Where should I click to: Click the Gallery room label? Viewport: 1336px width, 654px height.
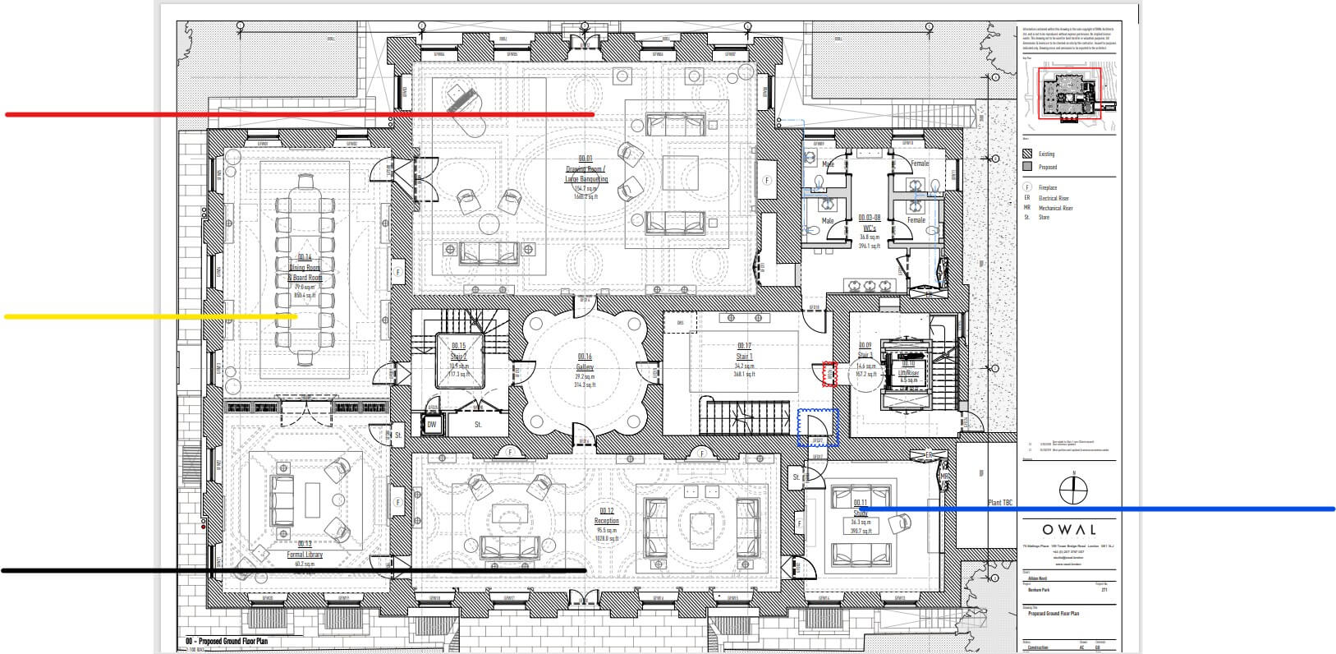pyautogui.click(x=584, y=367)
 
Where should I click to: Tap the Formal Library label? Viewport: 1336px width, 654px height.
pyautogui.click(x=304, y=555)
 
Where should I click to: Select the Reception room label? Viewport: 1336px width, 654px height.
pyautogui.click(x=606, y=521)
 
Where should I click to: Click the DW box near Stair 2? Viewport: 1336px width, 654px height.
pyautogui.click(x=432, y=425)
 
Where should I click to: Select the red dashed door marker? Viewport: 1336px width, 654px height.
pyautogui.click(x=829, y=374)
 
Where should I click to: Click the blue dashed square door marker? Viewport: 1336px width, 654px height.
pyautogui.click(x=818, y=427)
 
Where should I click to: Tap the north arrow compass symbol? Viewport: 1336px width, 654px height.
pyautogui.click(x=1073, y=490)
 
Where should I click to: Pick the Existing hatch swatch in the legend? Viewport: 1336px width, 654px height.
pyautogui.click(x=1027, y=154)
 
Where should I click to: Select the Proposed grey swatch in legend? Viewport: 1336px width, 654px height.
pyautogui.click(x=1027, y=167)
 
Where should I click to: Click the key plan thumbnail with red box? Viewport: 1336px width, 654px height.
pyautogui.click(x=1069, y=93)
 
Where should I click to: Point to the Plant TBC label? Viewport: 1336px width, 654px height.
pyautogui.click(x=1000, y=502)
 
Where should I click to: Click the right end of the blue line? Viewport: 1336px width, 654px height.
pyautogui.click(x=1333, y=509)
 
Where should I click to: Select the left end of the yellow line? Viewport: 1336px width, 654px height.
pyautogui.click(x=7, y=316)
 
